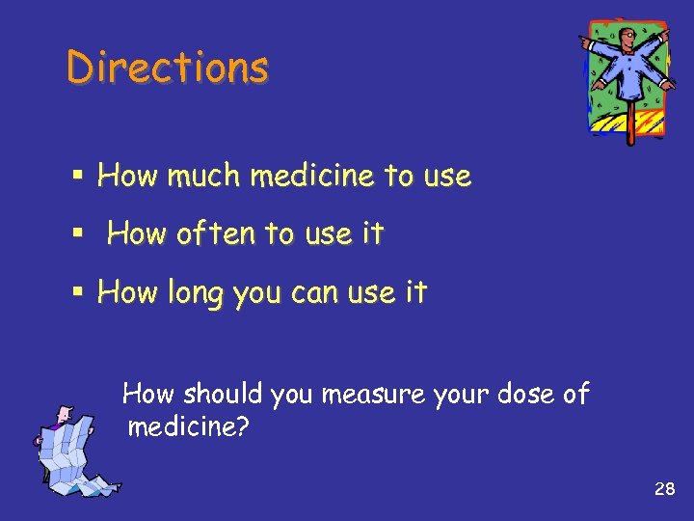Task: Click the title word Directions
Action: pos(168,68)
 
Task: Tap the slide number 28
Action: pos(664,489)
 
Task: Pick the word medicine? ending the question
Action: pos(188,426)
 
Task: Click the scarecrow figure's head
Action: pos(627,38)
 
